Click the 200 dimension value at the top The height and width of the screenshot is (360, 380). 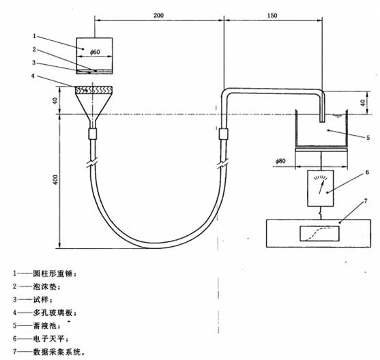[x=158, y=15]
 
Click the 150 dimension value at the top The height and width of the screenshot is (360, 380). [x=272, y=15]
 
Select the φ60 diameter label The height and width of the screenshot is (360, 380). [x=95, y=52]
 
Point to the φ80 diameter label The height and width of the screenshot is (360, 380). [x=280, y=161]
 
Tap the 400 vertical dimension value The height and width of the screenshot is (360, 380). [x=56, y=179]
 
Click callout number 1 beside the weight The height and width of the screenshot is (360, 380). [x=34, y=36]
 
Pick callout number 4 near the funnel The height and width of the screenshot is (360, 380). [x=33, y=76]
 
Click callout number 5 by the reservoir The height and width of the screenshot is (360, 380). [x=368, y=138]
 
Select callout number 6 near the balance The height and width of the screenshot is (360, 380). [x=367, y=172]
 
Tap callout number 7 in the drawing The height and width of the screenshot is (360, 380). [x=366, y=201]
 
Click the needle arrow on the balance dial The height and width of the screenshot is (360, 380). [x=321, y=186]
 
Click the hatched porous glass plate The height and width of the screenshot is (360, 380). [x=93, y=90]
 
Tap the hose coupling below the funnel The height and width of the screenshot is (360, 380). [x=93, y=134]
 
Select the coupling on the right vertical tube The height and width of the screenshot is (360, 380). [x=224, y=134]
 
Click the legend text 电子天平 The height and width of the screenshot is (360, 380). [x=49, y=338]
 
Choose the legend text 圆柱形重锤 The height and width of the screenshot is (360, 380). [x=53, y=274]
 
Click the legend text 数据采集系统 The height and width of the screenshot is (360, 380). [x=57, y=352]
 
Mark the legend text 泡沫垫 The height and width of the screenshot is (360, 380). [x=45, y=286]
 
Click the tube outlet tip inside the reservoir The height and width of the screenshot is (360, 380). [x=322, y=121]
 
